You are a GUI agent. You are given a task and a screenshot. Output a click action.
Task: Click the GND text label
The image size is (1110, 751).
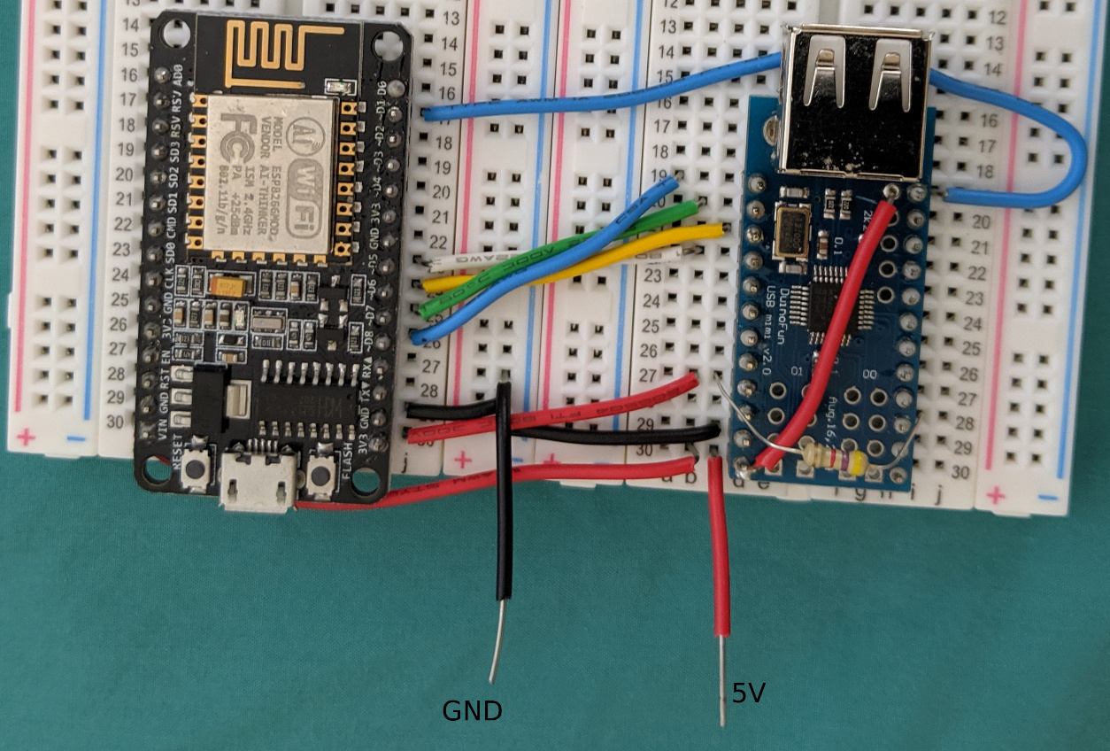pyautogui.click(x=473, y=710)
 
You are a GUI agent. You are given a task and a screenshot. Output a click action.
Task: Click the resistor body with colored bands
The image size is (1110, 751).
pyautogui.click(x=833, y=457)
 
